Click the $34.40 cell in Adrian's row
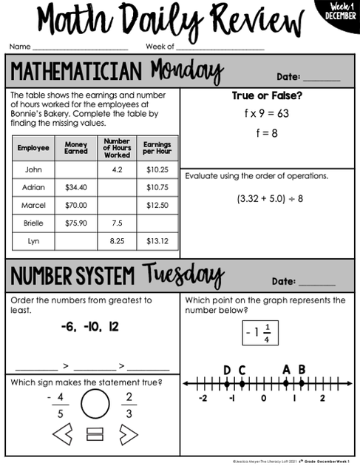pyautogui.click(x=76, y=187)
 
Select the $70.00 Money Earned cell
pyautogui.click(x=76, y=205)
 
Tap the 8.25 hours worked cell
pyautogui.click(x=117, y=240)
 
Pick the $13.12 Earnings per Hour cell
pyautogui.click(x=157, y=240)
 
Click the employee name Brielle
pyautogui.click(x=33, y=223)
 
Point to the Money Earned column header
pyautogui.click(x=76, y=148)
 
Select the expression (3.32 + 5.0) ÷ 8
pyautogui.click(x=270, y=198)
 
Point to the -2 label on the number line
pyautogui.click(x=203, y=398)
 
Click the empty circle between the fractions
pyautogui.click(x=95, y=405)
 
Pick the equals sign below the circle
pyautogui.click(x=95, y=434)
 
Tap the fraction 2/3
pyautogui.click(x=128, y=404)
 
